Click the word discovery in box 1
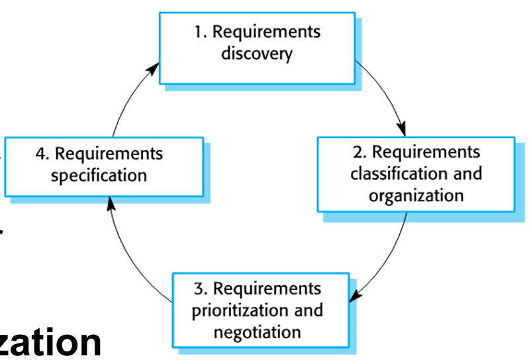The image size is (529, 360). (256, 54)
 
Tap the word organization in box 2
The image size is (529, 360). (416, 196)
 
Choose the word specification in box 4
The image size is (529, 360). (99, 176)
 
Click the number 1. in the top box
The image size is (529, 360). (201, 32)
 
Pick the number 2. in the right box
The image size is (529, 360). (360, 153)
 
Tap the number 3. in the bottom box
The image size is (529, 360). (201, 289)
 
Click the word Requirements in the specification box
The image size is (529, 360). (109, 154)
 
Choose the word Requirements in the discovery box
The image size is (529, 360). (266, 32)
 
